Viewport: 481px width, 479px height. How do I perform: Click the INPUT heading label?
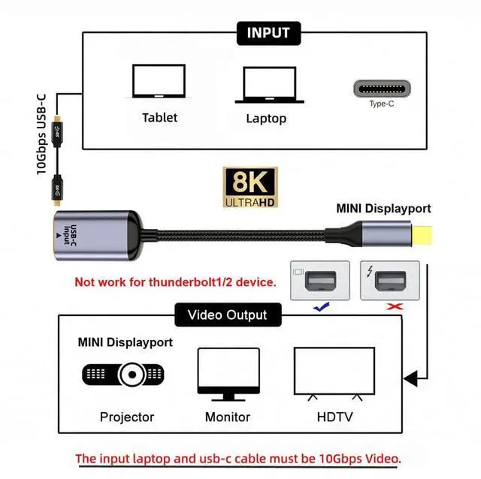click(268, 33)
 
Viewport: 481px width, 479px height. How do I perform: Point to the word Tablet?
click(159, 117)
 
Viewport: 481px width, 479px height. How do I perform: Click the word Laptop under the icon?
click(266, 119)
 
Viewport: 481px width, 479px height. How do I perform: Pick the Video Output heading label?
click(226, 315)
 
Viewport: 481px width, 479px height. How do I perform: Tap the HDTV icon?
click(334, 374)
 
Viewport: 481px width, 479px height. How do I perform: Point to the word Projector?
click(126, 417)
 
